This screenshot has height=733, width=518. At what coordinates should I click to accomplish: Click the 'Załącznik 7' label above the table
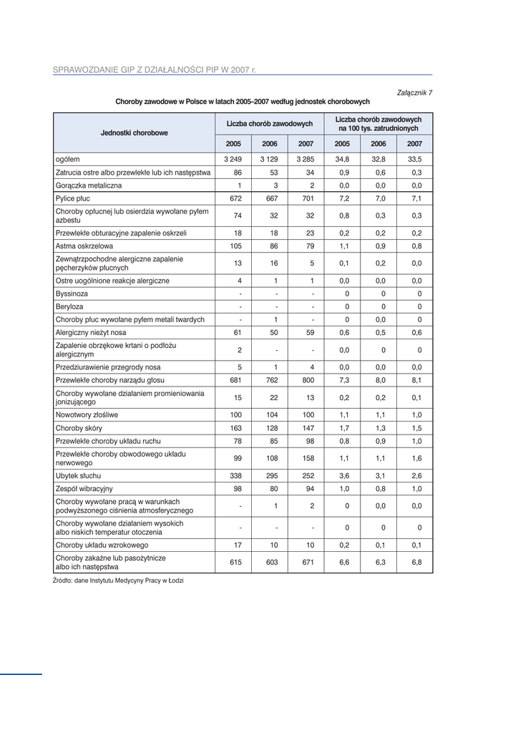click(415, 92)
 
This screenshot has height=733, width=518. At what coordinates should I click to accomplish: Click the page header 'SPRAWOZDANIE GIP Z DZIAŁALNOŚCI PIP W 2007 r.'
click(155, 70)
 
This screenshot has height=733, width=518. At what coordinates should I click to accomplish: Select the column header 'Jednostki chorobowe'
click(135, 132)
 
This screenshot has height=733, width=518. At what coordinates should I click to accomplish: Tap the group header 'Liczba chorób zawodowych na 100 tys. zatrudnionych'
click(378, 123)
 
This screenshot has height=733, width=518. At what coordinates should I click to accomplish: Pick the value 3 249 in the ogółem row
click(233, 159)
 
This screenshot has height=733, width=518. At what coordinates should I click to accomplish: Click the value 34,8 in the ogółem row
click(342, 159)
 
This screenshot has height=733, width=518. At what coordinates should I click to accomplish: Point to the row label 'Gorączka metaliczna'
click(89, 185)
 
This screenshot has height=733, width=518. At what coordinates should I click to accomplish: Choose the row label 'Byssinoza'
click(72, 293)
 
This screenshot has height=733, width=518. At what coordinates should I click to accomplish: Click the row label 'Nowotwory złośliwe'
click(87, 414)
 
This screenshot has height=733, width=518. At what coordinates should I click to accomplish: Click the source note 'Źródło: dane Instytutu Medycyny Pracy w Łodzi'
click(118, 581)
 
